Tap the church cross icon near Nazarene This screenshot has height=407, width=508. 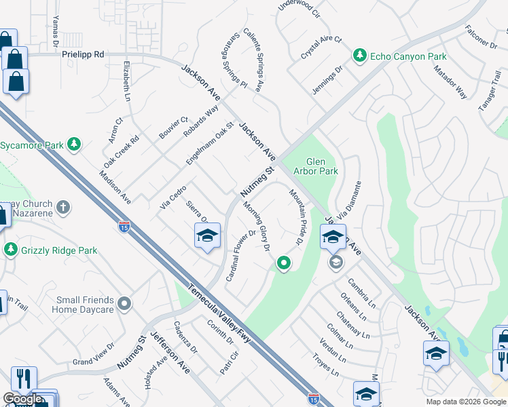(x=63, y=207)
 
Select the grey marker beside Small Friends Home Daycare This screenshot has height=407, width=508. (x=124, y=303)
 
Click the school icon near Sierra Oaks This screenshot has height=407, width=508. (x=207, y=236)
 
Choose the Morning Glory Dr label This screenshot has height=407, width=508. (x=256, y=227)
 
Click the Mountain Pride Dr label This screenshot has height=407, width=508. (x=295, y=217)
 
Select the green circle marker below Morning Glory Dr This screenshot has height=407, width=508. (x=283, y=263)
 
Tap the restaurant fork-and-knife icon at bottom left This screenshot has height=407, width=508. (x=23, y=378)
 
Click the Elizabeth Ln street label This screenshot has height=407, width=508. (x=126, y=80)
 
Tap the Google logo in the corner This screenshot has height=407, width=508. (x=22, y=399)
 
